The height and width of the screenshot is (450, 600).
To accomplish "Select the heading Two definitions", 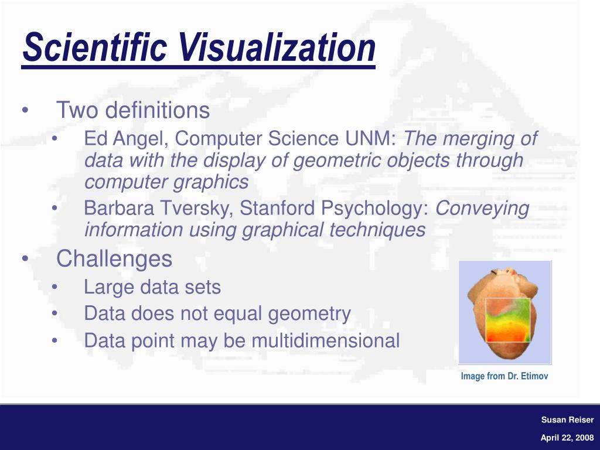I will (x=132, y=110).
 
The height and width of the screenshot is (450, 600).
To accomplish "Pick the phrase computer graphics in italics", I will (x=166, y=182).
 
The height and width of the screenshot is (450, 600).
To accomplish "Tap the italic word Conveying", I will (x=483, y=208).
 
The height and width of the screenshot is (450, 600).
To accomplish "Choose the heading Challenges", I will (x=114, y=258).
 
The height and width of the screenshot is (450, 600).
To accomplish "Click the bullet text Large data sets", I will (x=152, y=287).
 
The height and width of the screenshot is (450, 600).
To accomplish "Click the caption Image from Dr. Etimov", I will (x=504, y=376).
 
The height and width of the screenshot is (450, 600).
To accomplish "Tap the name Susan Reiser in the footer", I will (x=567, y=420).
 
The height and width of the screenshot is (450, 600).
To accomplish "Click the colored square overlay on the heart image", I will (x=507, y=319).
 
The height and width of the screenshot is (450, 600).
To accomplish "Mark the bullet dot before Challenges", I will (x=25, y=258).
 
